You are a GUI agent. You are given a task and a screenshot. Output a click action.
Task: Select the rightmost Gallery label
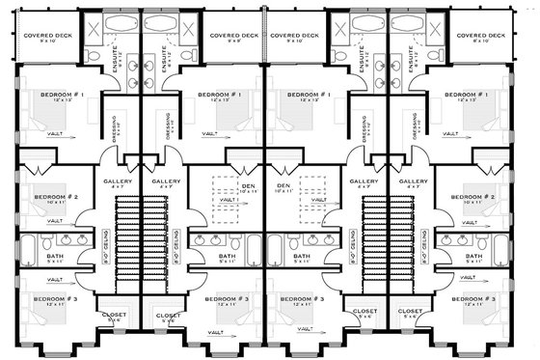(413, 181)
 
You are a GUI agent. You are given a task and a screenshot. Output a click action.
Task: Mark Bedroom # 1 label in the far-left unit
(60, 95)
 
